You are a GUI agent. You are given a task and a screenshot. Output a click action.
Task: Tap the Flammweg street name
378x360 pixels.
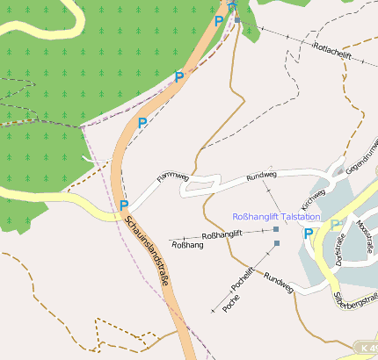pyautogui.click(x=173, y=180)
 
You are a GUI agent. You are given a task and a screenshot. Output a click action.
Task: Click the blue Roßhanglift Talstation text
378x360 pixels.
pyautogui.click(x=276, y=217)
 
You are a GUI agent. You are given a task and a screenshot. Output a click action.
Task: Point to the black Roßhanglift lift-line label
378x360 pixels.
pyautogui.click(x=222, y=235)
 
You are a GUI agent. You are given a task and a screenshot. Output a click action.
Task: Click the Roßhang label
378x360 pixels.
pyautogui.click(x=188, y=245)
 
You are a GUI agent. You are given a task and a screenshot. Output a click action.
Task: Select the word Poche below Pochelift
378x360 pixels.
pyautogui.click(x=232, y=303)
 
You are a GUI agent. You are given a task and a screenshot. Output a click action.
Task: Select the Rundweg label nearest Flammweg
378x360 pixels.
pyautogui.click(x=261, y=176)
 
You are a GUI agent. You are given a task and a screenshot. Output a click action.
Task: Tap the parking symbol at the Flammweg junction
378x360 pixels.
pyautogui.click(x=124, y=205)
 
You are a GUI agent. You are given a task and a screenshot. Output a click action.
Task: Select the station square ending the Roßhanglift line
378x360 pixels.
pyautogui.click(x=276, y=229)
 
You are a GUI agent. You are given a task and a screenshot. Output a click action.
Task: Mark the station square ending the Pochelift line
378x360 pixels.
pyautogui.click(x=276, y=242)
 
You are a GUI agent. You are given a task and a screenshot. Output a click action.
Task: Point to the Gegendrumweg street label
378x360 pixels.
pyautogui.click(x=363, y=154)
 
